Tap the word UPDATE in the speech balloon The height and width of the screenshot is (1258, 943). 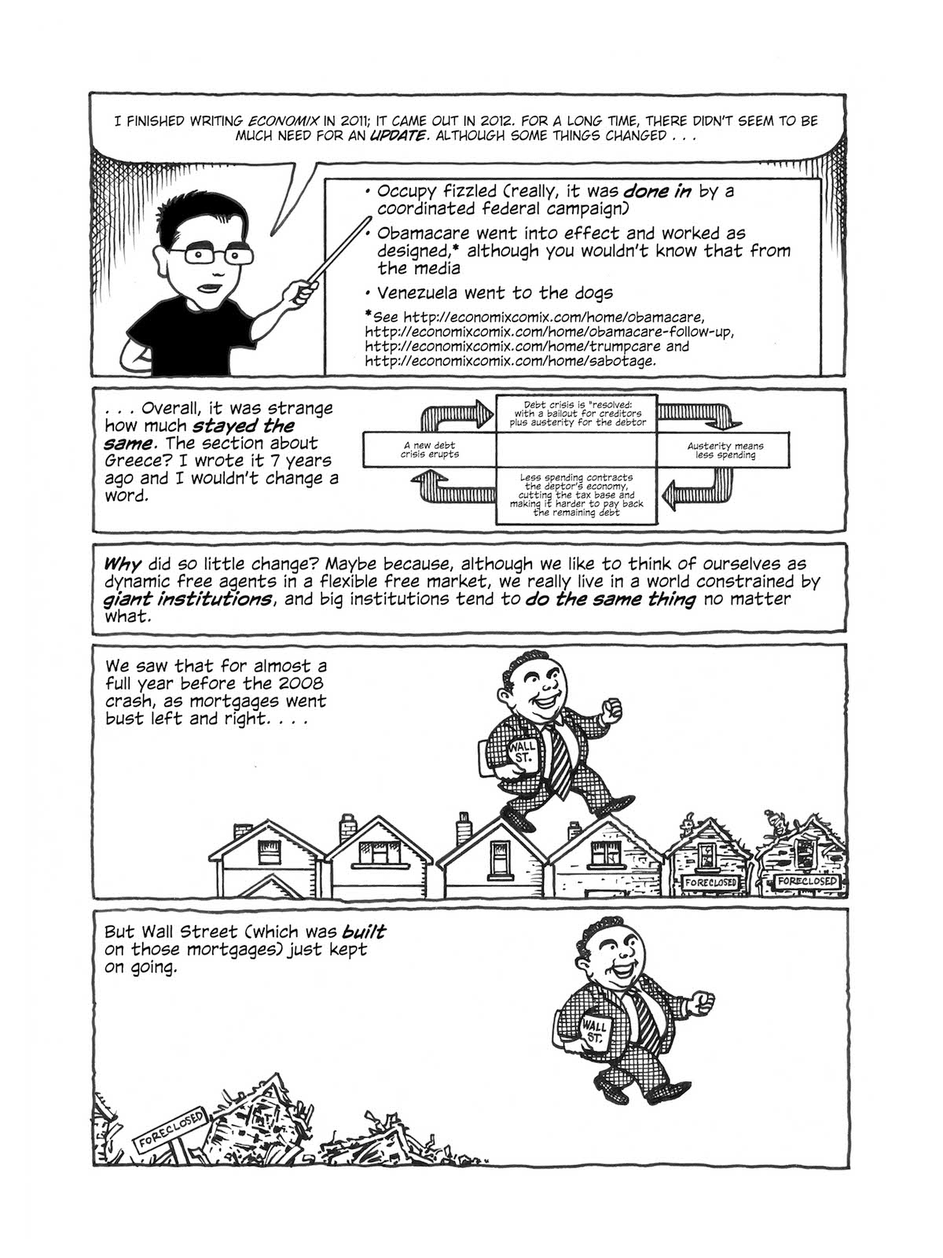tap(397, 136)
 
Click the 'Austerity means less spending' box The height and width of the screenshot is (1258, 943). tap(725, 450)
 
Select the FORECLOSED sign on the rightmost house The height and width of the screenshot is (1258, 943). tap(806, 882)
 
